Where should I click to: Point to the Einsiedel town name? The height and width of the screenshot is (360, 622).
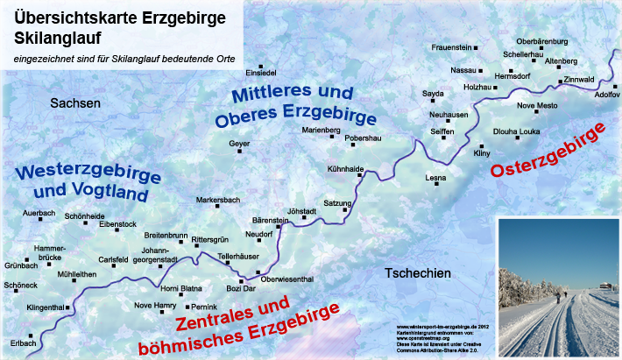pyautogui.click(x=261, y=72)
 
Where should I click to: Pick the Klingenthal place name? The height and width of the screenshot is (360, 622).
pyautogui.click(x=46, y=307)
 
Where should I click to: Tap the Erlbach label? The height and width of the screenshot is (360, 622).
pyautogui.click(x=23, y=342)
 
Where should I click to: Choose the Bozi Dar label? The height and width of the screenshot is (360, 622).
pyautogui.click(x=240, y=288)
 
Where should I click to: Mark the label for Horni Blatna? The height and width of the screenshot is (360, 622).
pyautogui.click(x=181, y=289)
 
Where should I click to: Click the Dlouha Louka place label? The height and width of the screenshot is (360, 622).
pyautogui.click(x=516, y=131)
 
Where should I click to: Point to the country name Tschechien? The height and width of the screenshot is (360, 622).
pyautogui.click(x=418, y=274)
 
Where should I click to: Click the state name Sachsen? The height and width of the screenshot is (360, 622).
pyautogui.click(x=76, y=103)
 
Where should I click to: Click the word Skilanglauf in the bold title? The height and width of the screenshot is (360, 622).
pyautogui.click(x=68, y=39)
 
